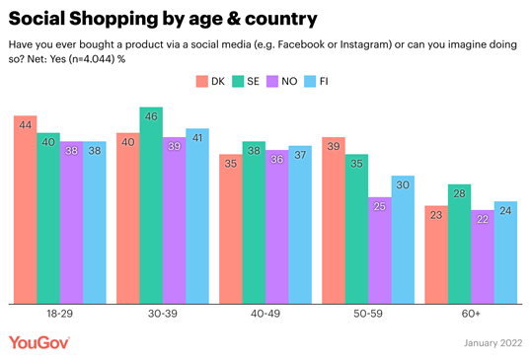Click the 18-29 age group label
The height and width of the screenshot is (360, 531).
(x=59, y=314)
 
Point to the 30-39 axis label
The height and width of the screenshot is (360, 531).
(x=163, y=314)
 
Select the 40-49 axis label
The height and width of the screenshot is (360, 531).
(x=265, y=314)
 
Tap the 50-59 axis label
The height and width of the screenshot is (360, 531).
(x=368, y=314)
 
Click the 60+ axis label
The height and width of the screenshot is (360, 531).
(x=471, y=314)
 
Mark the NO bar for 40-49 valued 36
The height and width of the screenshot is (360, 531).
(x=277, y=226)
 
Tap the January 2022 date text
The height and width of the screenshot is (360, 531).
(x=490, y=343)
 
